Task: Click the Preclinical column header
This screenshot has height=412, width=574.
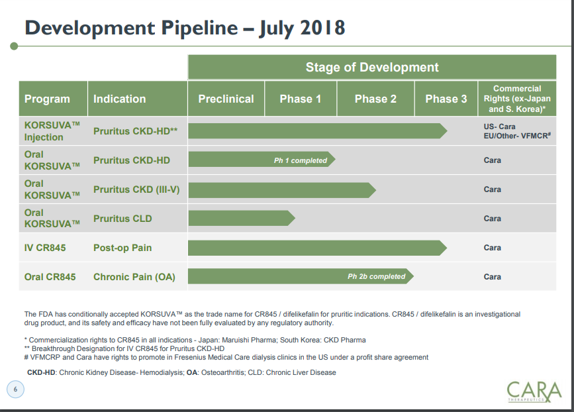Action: click(226, 99)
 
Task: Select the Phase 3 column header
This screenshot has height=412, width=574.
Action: click(446, 99)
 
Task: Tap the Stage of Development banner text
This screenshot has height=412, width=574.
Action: click(372, 68)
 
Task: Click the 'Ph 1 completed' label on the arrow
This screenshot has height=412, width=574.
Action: click(300, 160)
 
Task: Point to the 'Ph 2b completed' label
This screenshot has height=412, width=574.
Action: click(376, 276)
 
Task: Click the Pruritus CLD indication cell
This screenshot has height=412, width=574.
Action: click(122, 219)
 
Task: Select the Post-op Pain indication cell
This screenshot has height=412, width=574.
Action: click(122, 248)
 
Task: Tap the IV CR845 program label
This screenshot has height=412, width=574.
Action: click(44, 248)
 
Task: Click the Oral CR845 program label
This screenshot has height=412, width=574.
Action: click(50, 277)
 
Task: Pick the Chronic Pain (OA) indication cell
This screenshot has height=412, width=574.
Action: click(134, 277)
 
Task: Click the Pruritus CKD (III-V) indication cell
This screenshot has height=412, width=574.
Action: click(136, 189)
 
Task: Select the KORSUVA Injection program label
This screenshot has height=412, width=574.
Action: click(52, 131)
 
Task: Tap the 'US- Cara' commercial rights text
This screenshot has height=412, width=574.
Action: click(499, 127)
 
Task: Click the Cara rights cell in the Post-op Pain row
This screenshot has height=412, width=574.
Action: click(492, 248)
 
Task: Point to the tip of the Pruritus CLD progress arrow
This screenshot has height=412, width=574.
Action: click(295, 219)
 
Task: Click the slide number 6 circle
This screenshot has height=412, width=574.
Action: click(15, 389)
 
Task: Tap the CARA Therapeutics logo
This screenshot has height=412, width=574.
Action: click(534, 391)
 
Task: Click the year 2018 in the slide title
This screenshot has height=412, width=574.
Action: click(322, 28)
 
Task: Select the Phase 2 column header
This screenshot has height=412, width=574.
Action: click(375, 99)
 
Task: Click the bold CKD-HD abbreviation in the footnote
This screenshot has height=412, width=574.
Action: click(41, 372)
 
